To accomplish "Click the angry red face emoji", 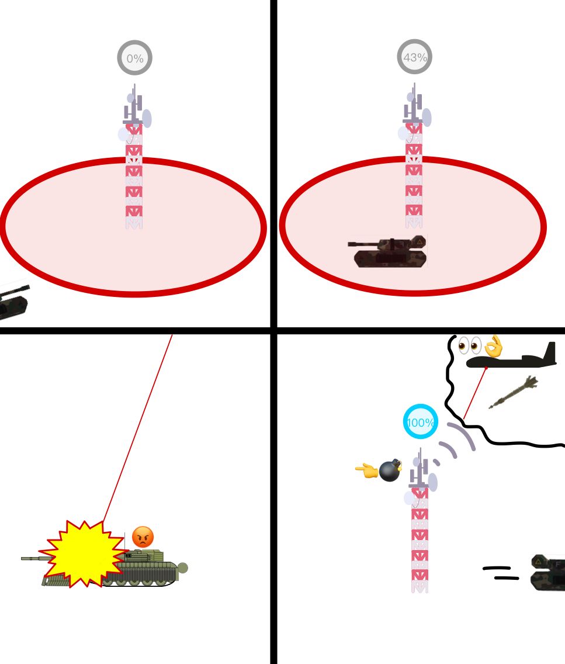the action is [143, 537].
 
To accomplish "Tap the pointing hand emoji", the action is [366, 471].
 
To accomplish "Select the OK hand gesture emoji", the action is [494, 347].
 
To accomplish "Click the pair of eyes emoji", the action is [470, 345].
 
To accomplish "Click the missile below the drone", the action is [514, 392].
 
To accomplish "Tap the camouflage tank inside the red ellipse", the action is [387, 251].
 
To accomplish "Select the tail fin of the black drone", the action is [550, 352].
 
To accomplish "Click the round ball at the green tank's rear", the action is [182, 568].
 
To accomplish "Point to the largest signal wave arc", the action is [463, 436].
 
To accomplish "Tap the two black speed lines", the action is [501, 573].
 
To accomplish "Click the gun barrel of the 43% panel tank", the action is [364, 244].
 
